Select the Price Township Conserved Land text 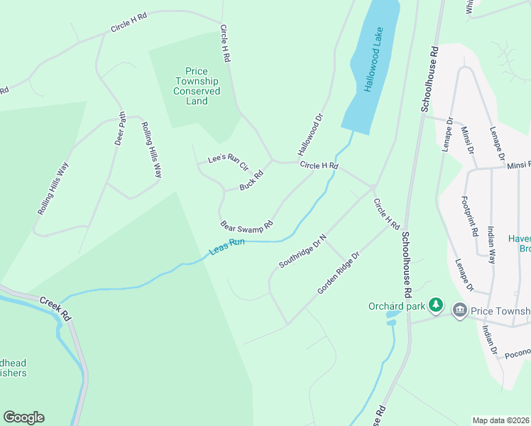(197, 86)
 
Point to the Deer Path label (120, 129)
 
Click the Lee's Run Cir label (227, 163)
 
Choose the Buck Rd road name (251, 180)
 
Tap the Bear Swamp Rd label (246, 226)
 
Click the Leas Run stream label (227, 246)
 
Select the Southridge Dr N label (302, 251)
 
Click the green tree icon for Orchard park (436, 306)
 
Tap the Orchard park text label (396, 307)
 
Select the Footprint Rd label (469, 216)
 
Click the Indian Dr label (489, 341)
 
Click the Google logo (23, 417)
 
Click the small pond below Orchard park (391, 323)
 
